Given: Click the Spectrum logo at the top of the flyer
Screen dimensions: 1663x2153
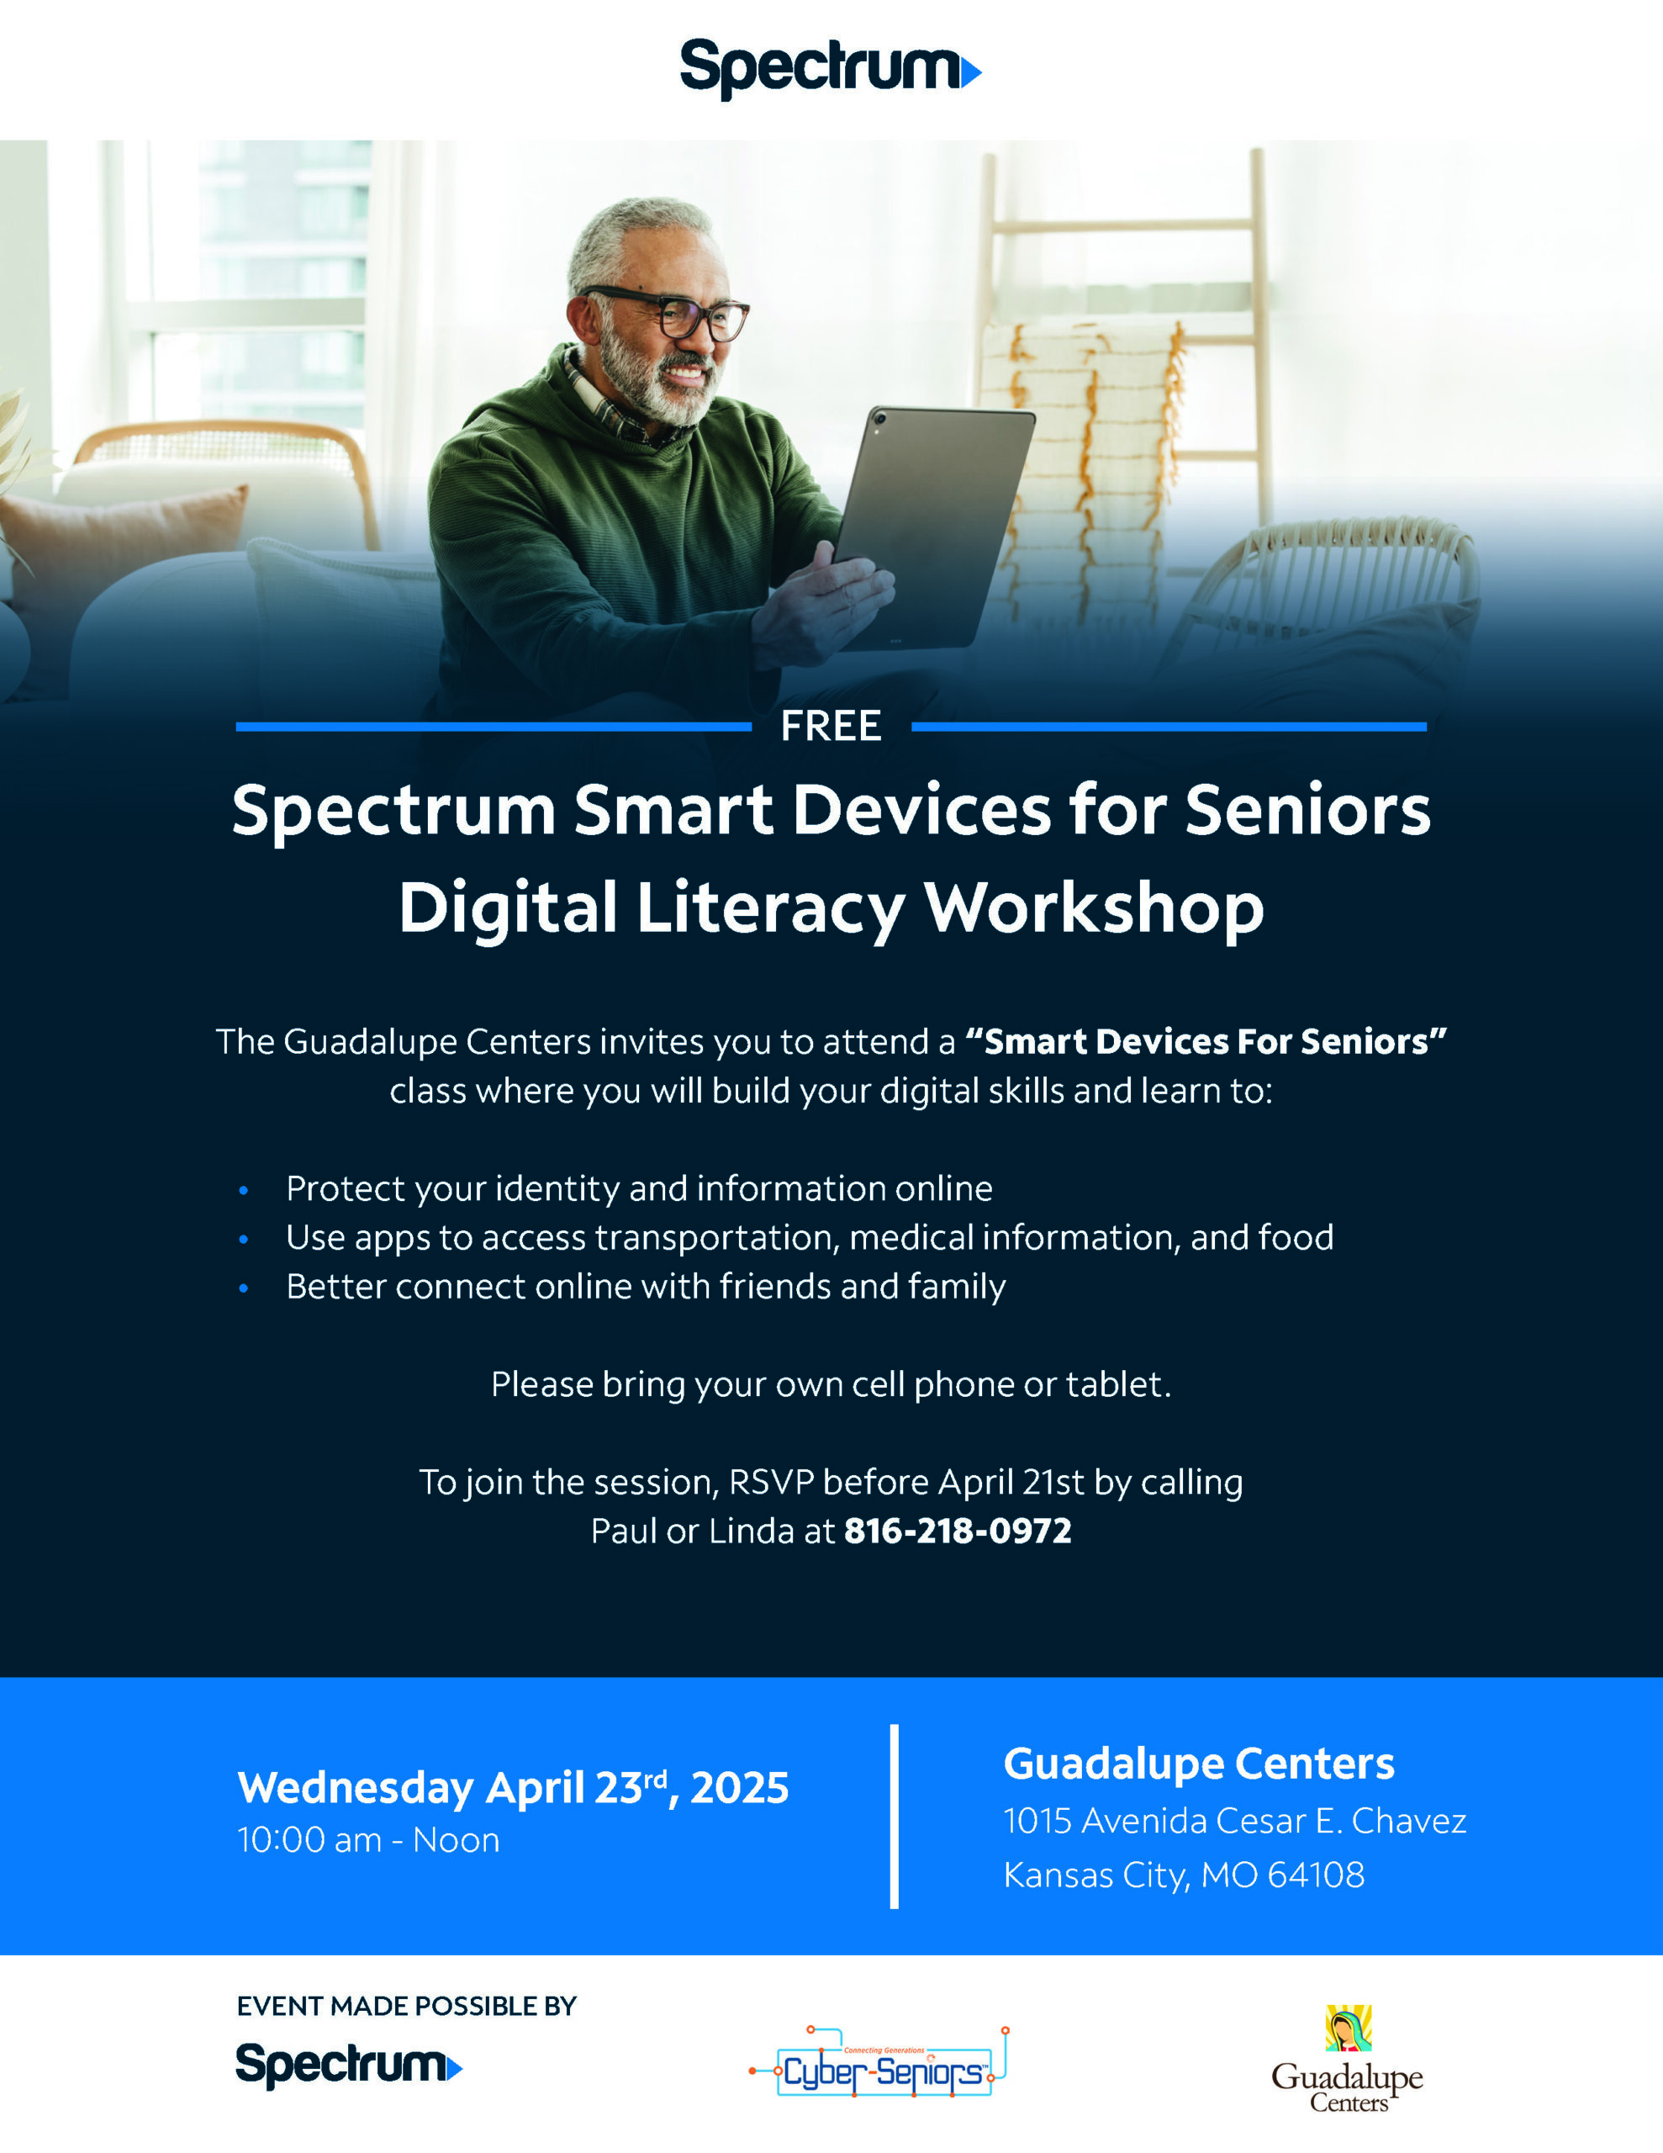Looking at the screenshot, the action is (830, 68).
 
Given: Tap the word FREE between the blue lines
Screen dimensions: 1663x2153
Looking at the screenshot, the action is (831, 727).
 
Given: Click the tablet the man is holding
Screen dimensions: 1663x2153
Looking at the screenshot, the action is (932, 528).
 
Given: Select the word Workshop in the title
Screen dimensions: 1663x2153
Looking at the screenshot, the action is (1093, 909).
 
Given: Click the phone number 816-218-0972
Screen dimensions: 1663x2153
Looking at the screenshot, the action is (957, 1531).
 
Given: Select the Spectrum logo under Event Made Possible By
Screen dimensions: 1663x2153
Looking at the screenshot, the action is (349, 2066).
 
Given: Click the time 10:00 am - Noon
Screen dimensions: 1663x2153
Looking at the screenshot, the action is (369, 1840).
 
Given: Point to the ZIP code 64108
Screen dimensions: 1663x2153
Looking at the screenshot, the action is (1316, 1875).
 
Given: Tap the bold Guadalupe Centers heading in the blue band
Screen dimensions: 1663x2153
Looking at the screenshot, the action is (1199, 1764).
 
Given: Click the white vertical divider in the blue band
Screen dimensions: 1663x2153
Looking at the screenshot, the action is (894, 1817).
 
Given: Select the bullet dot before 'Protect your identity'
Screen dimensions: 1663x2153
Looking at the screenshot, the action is (244, 1191).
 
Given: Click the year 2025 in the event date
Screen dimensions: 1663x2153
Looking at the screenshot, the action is (739, 1788).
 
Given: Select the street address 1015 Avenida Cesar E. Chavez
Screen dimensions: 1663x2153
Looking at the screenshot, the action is (1235, 1821).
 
